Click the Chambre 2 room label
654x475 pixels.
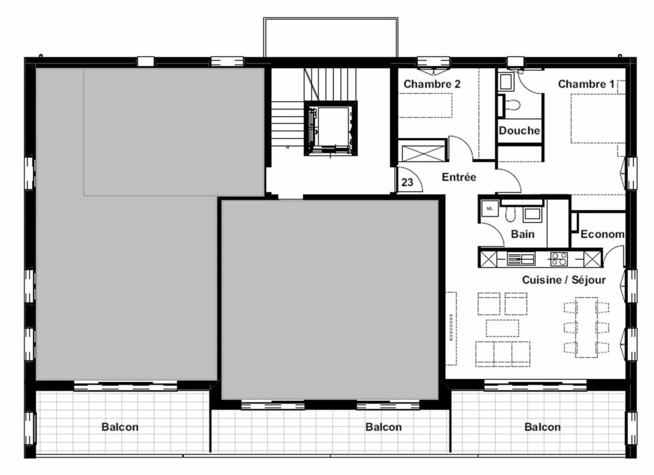pos(432,84)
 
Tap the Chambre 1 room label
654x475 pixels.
pos(586,84)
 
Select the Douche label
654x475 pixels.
pos(519,130)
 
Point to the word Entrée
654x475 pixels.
pos(459,177)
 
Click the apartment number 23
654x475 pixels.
pos(407,183)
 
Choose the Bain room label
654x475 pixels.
pos(522,234)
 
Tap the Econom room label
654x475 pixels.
pos(602,234)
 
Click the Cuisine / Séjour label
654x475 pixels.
pos(563,279)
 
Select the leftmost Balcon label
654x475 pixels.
pos(120,427)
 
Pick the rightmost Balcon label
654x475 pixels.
pos(542,427)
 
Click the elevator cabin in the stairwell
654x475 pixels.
pos(330,128)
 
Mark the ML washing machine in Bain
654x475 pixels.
pos(490,209)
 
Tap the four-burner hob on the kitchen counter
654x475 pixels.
pos(559,258)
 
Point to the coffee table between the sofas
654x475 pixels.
pos(502,328)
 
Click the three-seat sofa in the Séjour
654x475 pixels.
pos(502,353)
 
